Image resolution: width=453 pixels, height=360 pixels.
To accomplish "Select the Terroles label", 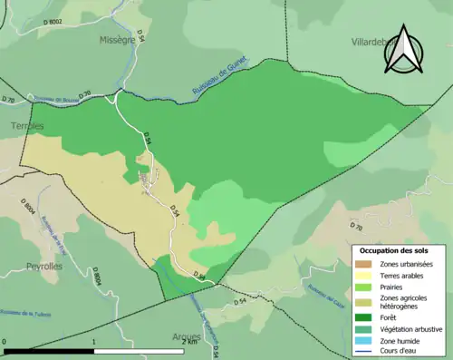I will pos(28,126).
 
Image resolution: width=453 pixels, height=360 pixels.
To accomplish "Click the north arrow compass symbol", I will pos(404,50).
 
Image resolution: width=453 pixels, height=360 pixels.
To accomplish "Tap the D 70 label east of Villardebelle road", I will pos(356,227).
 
